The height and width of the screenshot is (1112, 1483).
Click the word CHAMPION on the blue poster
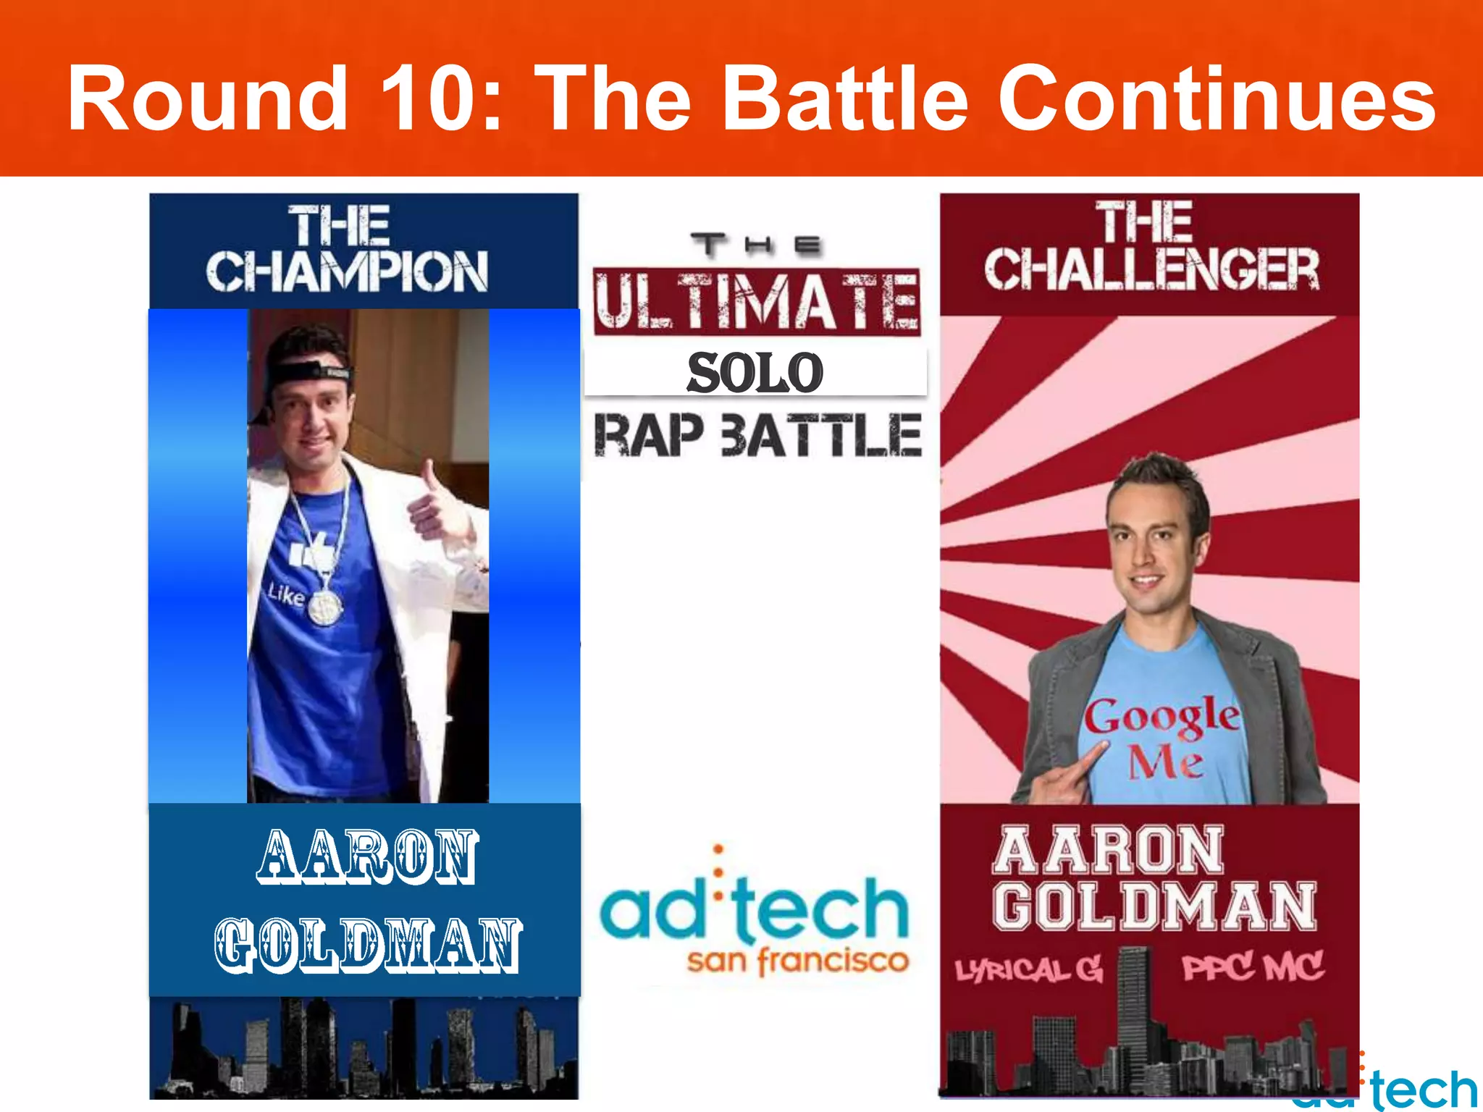click(x=347, y=271)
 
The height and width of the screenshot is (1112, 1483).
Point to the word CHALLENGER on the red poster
click(x=1151, y=269)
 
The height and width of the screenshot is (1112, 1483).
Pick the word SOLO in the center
click(x=755, y=373)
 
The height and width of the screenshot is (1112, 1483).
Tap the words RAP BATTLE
click(x=757, y=435)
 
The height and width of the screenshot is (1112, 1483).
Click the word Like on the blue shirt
click(x=285, y=595)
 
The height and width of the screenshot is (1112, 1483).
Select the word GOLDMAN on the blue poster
click(x=368, y=945)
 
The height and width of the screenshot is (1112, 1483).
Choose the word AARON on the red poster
click(x=1108, y=851)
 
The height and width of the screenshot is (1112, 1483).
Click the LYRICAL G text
click(x=1028, y=969)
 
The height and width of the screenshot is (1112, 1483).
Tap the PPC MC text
click(x=1253, y=966)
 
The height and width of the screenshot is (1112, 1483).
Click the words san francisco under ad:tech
click(x=797, y=961)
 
